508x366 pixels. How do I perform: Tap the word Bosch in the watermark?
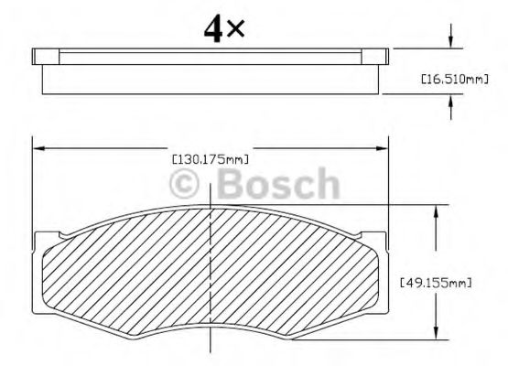coord(279,185)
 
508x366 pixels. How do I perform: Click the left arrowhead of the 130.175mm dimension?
coord(38,146)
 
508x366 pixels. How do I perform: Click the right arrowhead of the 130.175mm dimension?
coord(385,146)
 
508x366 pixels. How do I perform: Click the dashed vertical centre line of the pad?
coord(212,274)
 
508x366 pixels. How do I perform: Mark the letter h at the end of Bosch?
coord(325,185)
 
